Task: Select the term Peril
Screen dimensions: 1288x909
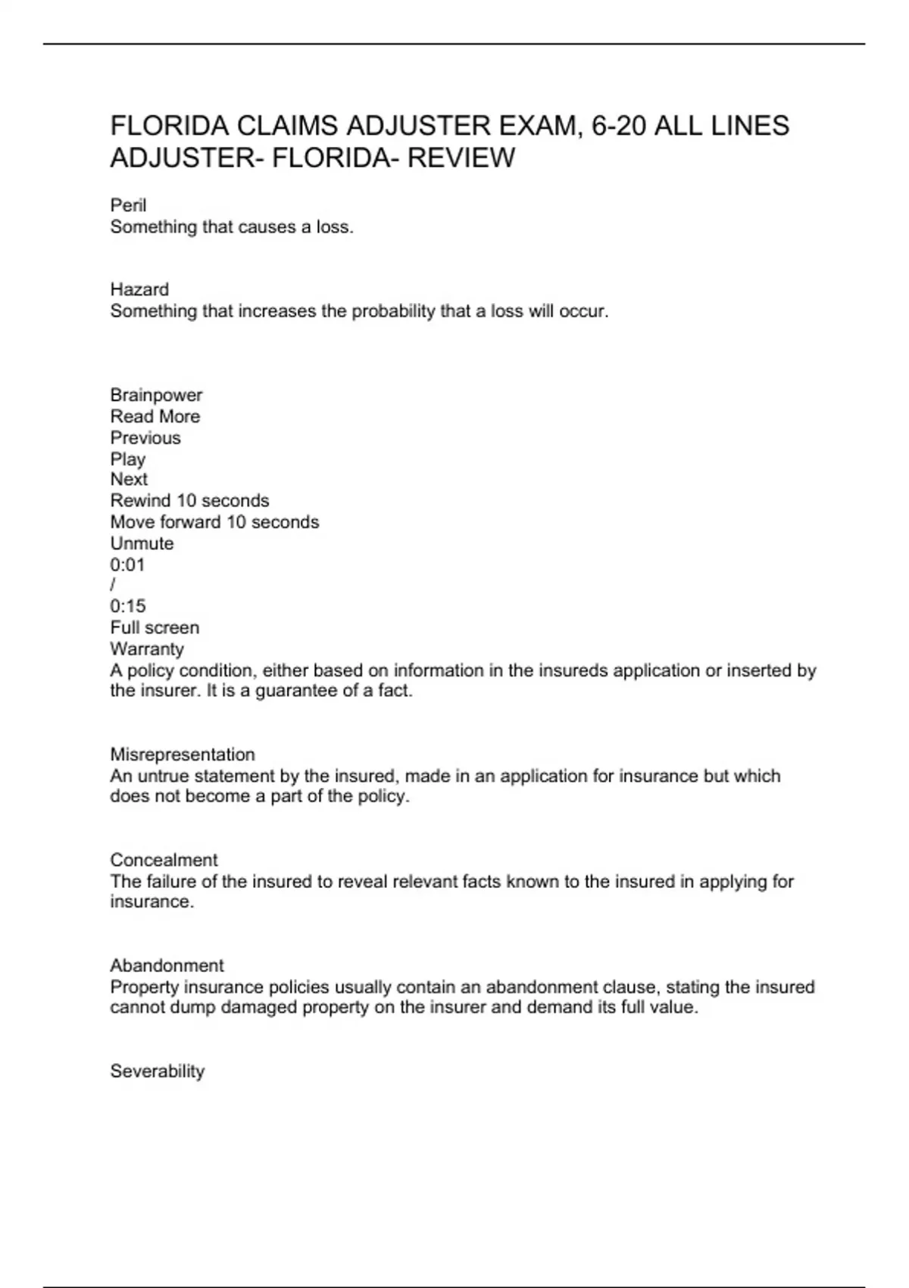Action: click(128, 205)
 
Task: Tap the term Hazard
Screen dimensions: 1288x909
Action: click(139, 289)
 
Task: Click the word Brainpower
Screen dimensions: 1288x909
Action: click(156, 395)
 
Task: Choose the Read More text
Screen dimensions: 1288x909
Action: click(155, 416)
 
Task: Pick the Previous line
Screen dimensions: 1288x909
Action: click(145, 437)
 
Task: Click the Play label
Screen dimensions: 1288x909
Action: click(127, 459)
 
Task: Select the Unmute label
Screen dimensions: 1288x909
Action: click(142, 543)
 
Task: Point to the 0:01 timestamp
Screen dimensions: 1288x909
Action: click(127, 564)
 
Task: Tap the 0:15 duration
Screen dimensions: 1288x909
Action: click(128, 606)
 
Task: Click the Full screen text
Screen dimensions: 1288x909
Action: click(155, 627)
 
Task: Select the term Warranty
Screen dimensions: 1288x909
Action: click(147, 649)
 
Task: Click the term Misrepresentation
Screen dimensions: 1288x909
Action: click(183, 755)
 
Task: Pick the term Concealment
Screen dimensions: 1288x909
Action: click(164, 860)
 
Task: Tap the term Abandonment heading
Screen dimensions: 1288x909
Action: click(167, 965)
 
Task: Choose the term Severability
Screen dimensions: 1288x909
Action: click(158, 1071)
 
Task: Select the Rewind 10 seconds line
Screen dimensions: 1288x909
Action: click(189, 501)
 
